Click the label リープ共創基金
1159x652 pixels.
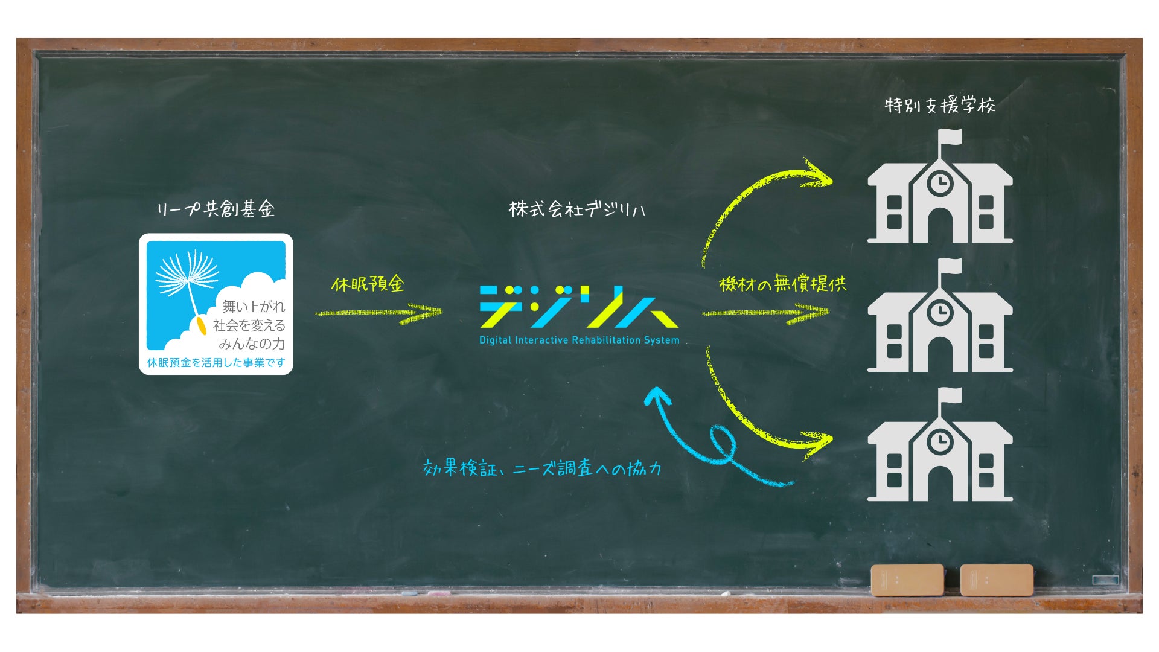click(x=216, y=209)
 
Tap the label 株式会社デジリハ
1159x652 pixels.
click(x=576, y=209)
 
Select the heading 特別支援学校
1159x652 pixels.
click(x=939, y=106)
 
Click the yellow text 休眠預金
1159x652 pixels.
click(x=367, y=284)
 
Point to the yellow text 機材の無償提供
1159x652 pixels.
click(x=782, y=284)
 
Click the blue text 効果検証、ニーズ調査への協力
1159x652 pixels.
click(x=542, y=468)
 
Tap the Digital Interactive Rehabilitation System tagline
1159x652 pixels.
click(x=579, y=340)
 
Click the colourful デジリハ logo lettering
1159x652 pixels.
click(x=578, y=307)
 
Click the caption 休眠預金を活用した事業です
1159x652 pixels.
click(x=216, y=363)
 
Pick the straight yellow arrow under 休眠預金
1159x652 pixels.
click(x=378, y=313)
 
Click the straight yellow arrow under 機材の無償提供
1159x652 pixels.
click(x=765, y=313)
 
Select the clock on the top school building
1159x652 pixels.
click(x=940, y=182)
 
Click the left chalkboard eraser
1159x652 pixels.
click(x=907, y=580)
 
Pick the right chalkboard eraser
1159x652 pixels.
click(x=996, y=580)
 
